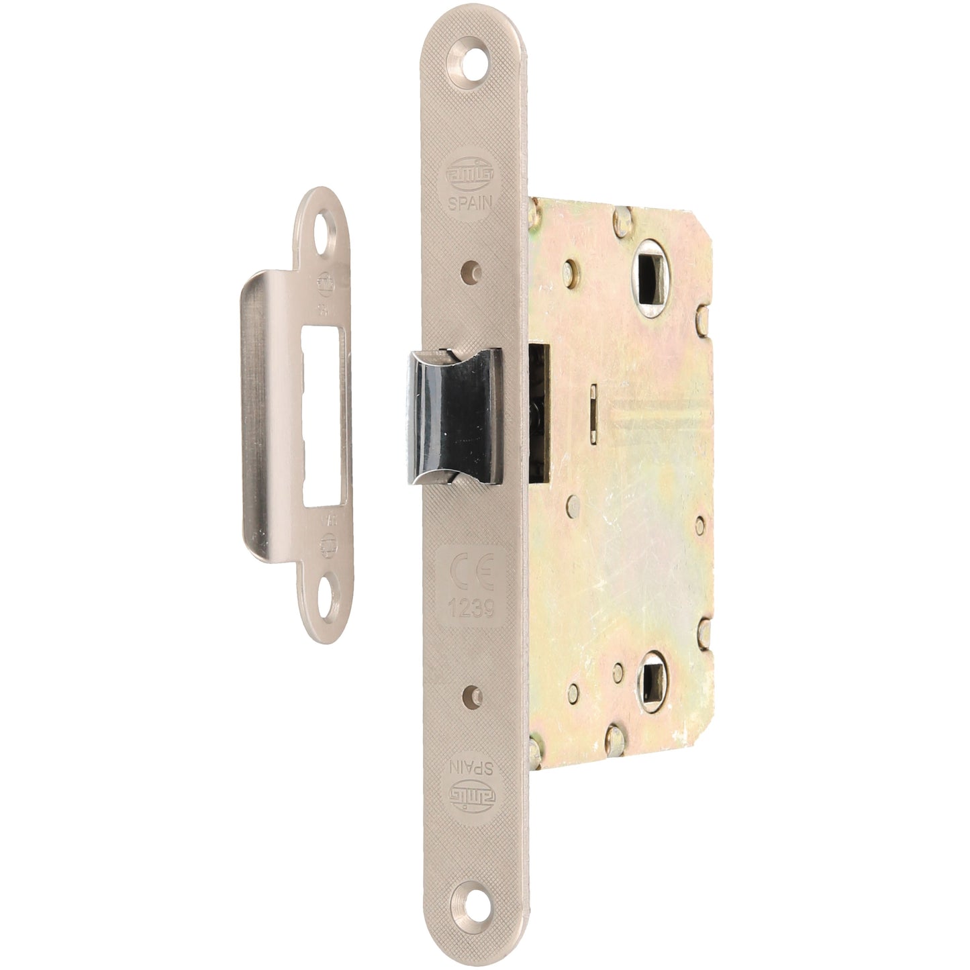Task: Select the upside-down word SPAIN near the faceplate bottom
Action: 473,767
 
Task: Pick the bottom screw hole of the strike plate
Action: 330,595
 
